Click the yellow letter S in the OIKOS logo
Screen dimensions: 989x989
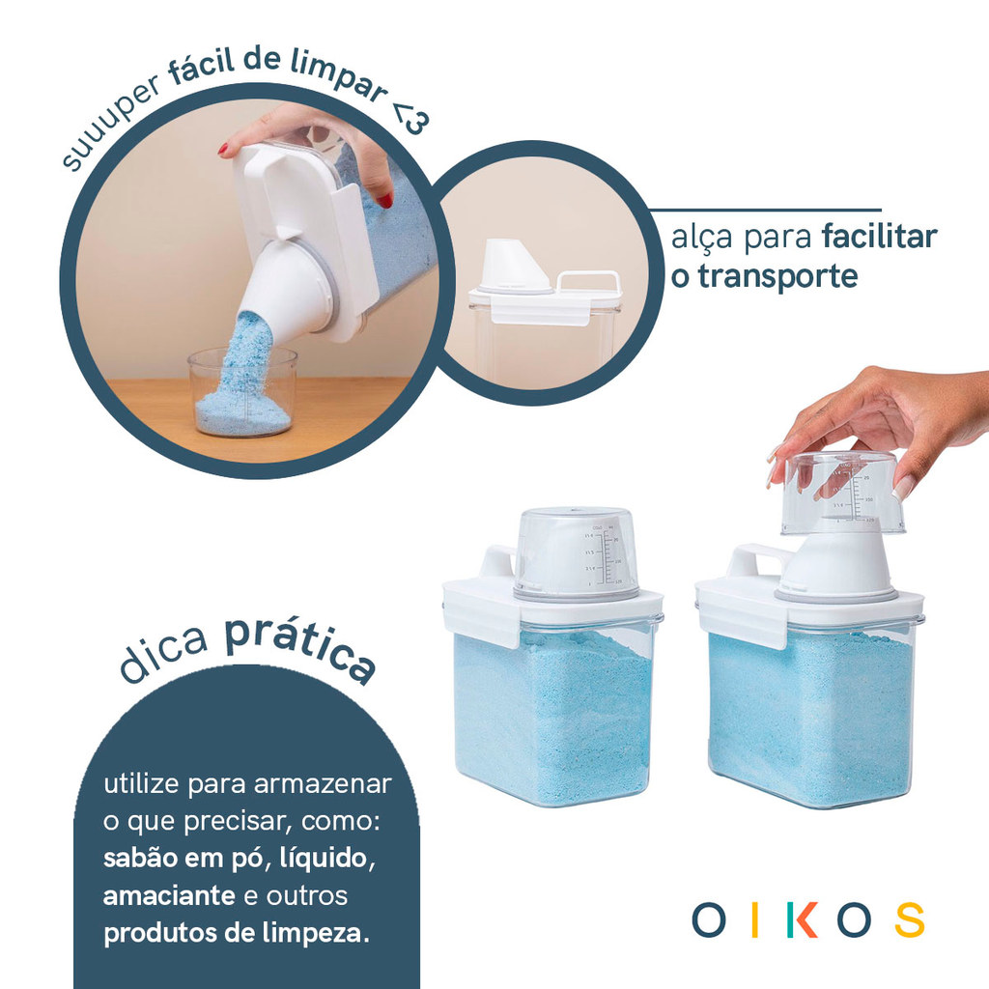tap(910, 919)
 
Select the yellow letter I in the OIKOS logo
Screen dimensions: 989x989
tap(755, 919)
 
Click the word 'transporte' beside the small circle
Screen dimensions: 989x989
tap(777, 276)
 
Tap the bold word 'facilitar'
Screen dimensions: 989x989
tap(879, 237)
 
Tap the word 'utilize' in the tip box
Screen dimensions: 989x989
tap(141, 783)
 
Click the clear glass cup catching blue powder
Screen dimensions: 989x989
tap(242, 392)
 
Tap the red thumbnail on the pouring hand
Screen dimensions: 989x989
tap(384, 201)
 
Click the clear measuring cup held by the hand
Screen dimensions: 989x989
tap(842, 492)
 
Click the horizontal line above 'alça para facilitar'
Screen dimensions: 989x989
tap(765, 210)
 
